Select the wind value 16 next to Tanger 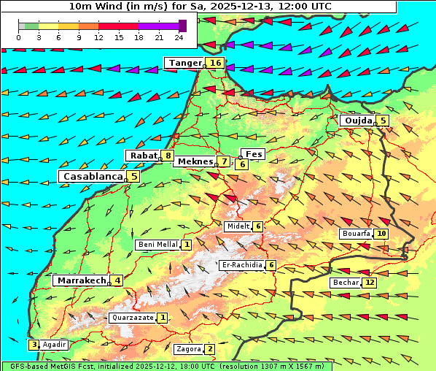[215, 64]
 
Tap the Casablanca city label [92, 177]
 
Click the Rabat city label [143, 156]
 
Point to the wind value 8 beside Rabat [168, 156]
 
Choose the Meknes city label [195, 161]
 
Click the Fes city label [254, 154]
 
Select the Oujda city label [358, 121]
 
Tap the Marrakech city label [81, 280]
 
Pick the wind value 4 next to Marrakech [117, 280]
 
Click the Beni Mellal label [157, 245]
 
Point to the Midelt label [238, 226]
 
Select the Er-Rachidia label [242, 265]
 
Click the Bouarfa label [356, 234]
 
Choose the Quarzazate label [132, 318]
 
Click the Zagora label [188, 349]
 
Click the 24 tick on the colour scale [179, 37]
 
